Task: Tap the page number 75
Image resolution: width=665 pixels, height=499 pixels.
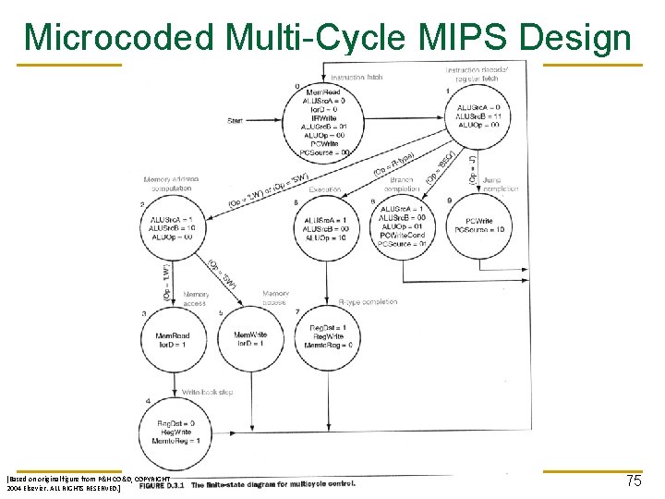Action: [633, 481]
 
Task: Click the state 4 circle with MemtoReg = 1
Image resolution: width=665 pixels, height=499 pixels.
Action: [173, 433]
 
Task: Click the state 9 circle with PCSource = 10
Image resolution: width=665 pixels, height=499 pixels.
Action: [478, 226]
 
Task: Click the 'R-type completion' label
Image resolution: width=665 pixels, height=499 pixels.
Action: [368, 302]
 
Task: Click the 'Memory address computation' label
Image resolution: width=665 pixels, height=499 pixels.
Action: [171, 184]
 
